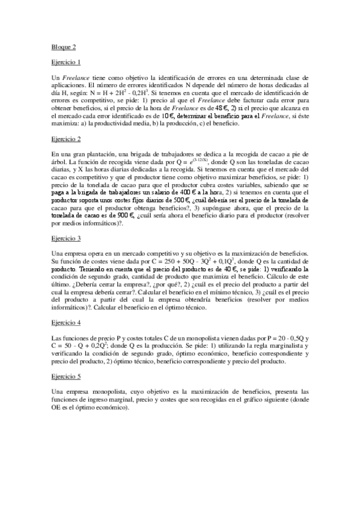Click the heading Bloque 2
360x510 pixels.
point(63,46)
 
